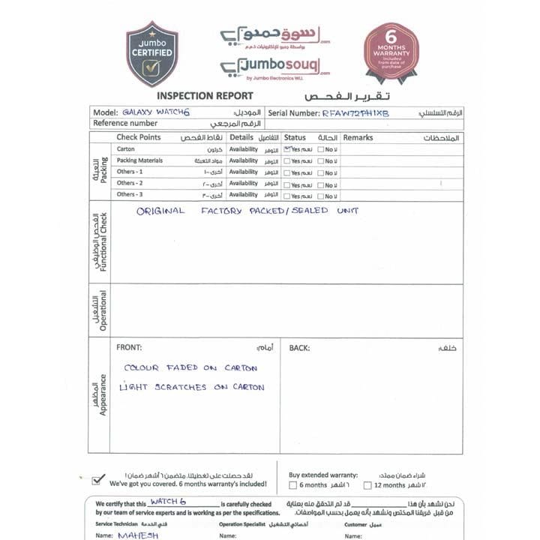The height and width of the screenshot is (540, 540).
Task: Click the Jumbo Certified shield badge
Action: [x=152, y=53]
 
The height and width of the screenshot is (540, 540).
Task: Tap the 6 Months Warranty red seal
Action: [x=391, y=51]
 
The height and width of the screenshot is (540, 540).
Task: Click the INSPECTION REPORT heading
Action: [x=205, y=96]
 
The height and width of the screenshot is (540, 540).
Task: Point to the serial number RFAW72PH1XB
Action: [x=356, y=112]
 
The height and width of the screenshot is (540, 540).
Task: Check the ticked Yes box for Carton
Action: [x=288, y=149]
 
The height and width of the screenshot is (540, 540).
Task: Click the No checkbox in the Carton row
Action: [x=319, y=150]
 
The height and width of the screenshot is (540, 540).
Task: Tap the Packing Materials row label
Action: [x=139, y=160]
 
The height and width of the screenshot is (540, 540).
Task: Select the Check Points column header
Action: [x=138, y=137]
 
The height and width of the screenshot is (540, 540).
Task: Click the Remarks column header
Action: [x=358, y=138]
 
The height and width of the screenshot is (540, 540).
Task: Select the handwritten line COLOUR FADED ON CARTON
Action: [x=190, y=368]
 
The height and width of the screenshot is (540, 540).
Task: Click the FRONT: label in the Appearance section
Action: [x=129, y=347]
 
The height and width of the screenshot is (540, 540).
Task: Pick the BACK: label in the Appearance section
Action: [x=299, y=348]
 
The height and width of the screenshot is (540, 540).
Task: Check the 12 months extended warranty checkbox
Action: [x=367, y=485]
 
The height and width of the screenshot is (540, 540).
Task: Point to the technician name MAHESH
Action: [x=137, y=535]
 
